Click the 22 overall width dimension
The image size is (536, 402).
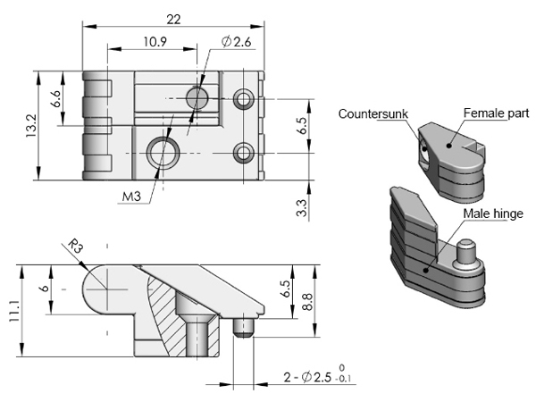(173, 19)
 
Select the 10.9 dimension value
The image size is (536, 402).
(150, 41)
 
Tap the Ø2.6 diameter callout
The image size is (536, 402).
(234, 41)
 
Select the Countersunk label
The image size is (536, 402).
(373, 113)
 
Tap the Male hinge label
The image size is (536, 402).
(493, 213)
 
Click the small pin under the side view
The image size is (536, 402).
(243, 328)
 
